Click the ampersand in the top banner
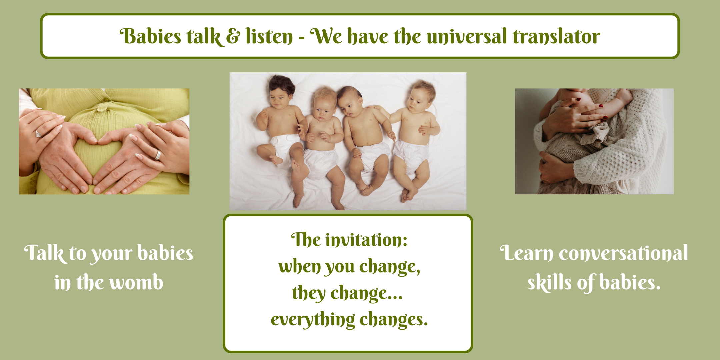pyautogui.click(x=233, y=36)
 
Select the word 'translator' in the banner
pyautogui.click(x=556, y=36)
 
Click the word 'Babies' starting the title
pyautogui.click(x=150, y=36)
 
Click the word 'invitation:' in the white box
pyautogui.click(x=366, y=240)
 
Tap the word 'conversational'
pyautogui.click(x=623, y=253)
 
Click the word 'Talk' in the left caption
pyautogui.click(x=44, y=253)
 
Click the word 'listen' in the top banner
pyautogui.click(x=269, y=36)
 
